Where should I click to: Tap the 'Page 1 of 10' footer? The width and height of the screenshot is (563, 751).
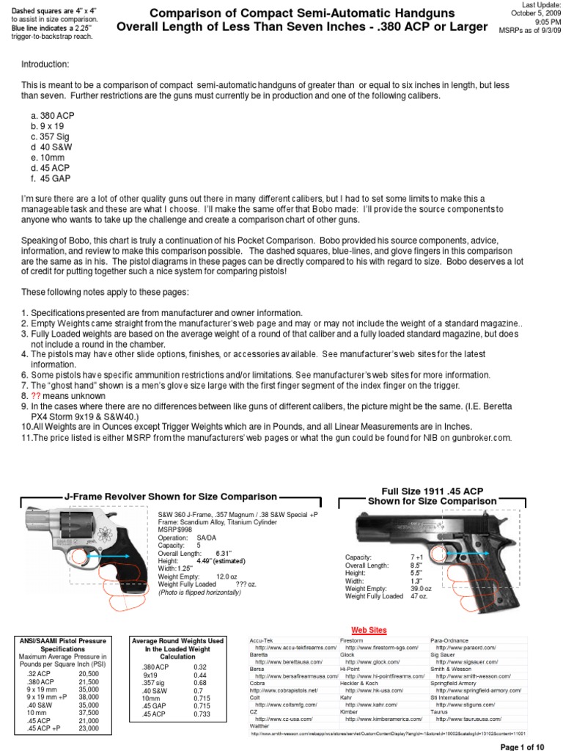tap(523, 745)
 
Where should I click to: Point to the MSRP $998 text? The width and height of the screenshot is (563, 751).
tap(173, 532)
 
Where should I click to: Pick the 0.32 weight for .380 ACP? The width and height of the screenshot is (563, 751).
tap(200, 667)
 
